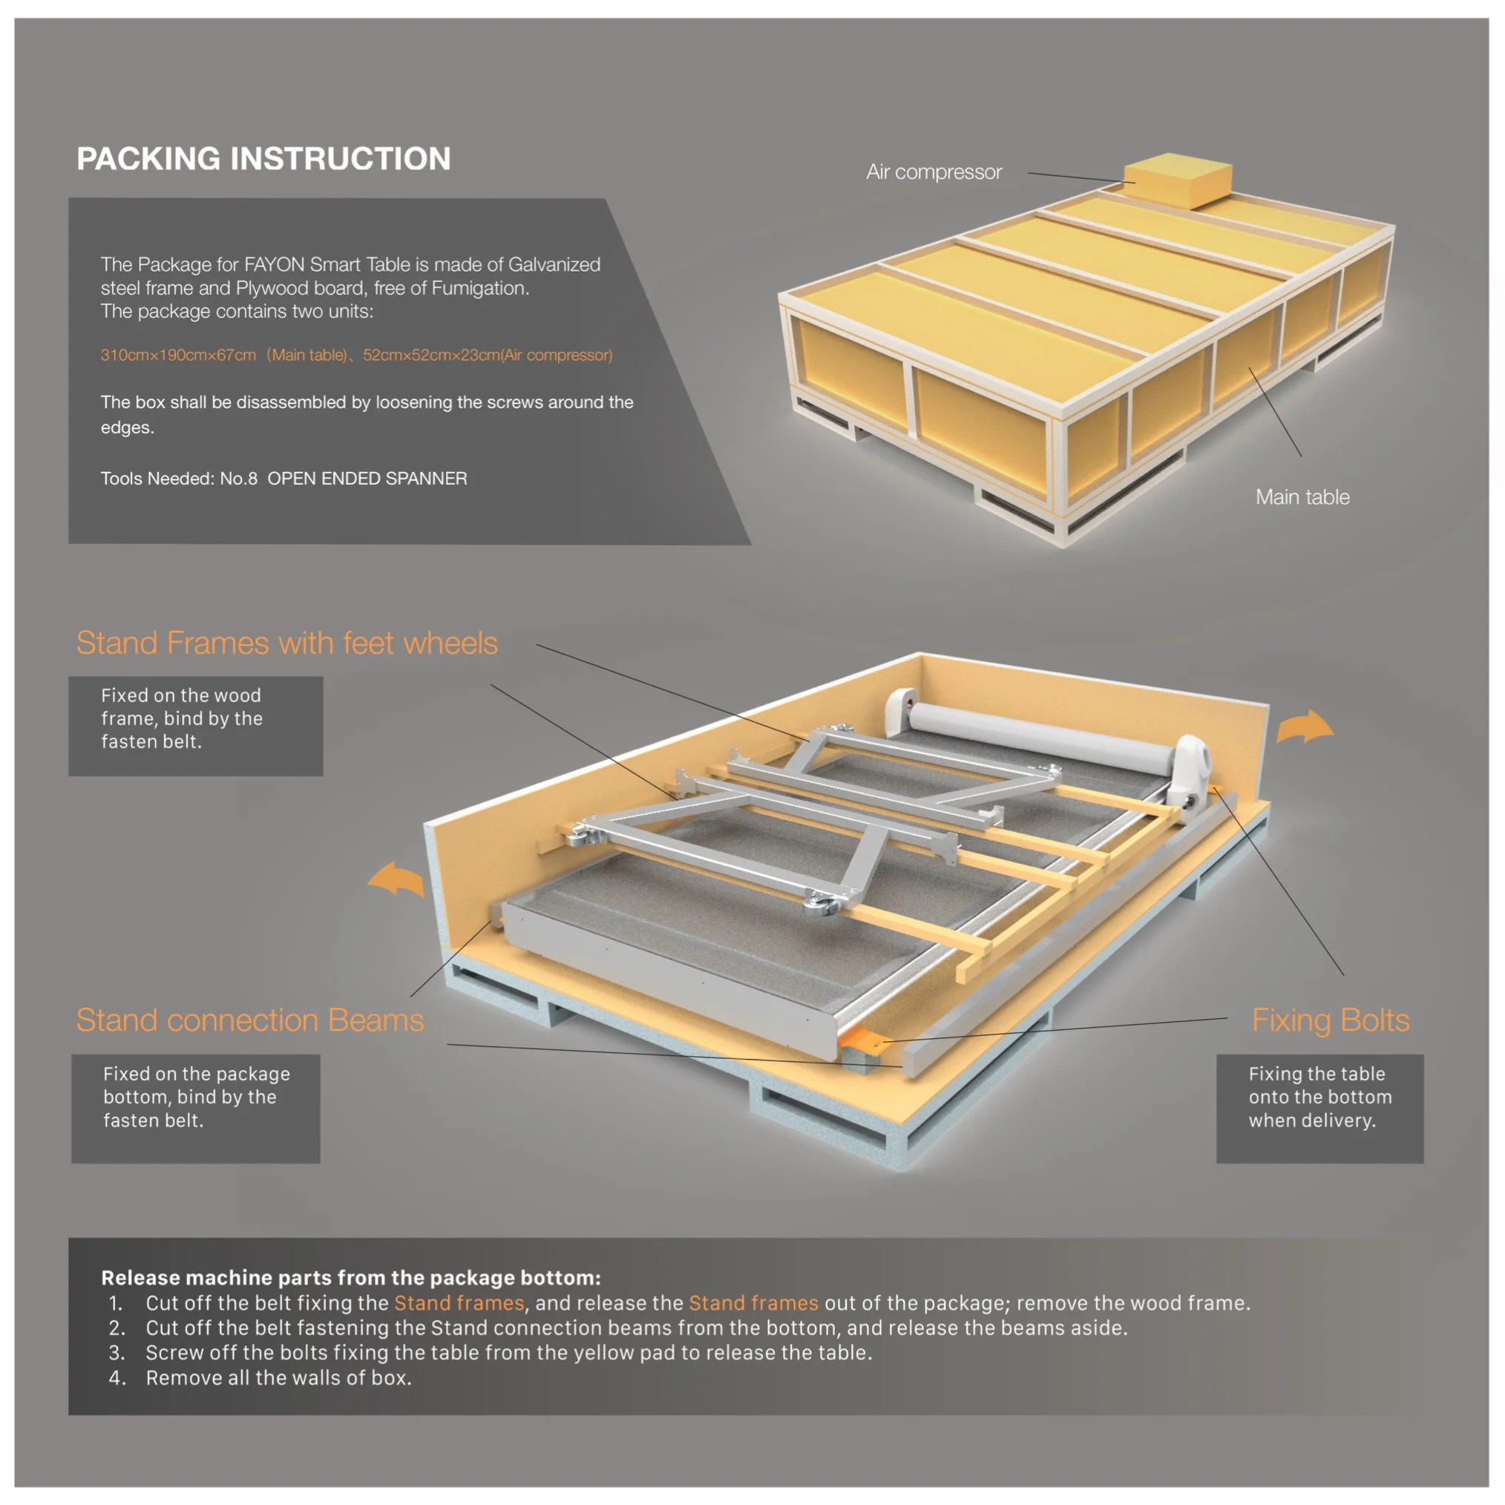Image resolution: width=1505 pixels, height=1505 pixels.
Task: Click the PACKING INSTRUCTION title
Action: pyautogui.click(x=263, y=159)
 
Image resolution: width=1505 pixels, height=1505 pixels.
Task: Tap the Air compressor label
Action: pyautogui.click(x=934, y=172)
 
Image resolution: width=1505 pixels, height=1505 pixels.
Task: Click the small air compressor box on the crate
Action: pyautogui.click(x=1178, y=181)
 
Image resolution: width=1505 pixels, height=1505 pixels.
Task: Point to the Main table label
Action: pyautogui.click(x=1302, y=497)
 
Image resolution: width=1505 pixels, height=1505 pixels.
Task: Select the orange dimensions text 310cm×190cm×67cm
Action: pyautogui.click(x=178, y=355)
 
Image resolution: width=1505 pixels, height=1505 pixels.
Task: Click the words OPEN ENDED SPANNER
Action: pyautogui.click(x=367, y=479)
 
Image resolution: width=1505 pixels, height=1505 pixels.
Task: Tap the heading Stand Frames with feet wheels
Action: pyautogui.click(x=286, y=643)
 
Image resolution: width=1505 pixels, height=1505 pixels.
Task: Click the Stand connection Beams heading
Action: pyautogui.click(x=249, y=1020)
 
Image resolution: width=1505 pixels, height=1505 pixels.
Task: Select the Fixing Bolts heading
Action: pyautogui.click(x=1330, y=1020)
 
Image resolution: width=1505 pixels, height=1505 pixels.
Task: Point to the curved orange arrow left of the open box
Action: pyautogui.click(x=396, y=879)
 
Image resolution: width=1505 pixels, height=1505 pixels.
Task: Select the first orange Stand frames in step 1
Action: pyautogui.click(x=459, y=1303)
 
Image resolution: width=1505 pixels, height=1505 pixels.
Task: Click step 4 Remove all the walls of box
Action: pyautogui.click(x=278, y=1378)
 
